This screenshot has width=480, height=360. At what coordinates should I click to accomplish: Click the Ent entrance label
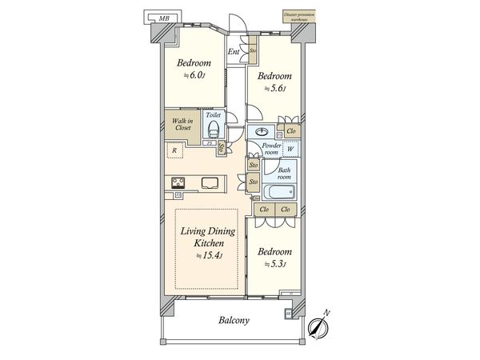point(234,53)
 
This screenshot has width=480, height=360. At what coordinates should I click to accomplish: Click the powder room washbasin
point(262,133)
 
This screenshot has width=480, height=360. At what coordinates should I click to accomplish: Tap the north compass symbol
point(318,326)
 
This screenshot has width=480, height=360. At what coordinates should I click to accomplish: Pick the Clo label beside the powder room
point(292,130)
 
